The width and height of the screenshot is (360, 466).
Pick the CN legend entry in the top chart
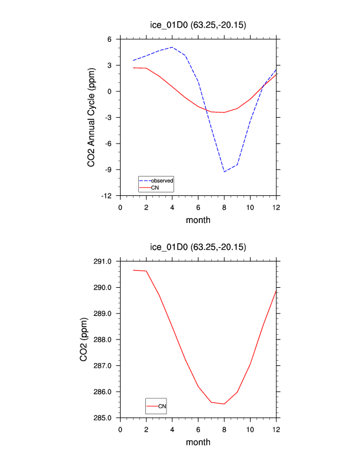point(155,187)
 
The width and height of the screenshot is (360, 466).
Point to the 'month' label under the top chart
point(198,221)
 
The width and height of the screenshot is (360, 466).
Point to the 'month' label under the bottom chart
point(198,442)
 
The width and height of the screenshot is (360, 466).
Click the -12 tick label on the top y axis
point(110,196)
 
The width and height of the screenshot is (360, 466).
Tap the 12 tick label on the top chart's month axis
point(276,207)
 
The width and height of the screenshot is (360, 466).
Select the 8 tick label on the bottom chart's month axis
point(224,428)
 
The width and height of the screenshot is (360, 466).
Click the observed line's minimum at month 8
point(224,172)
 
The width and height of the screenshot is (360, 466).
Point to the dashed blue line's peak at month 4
point(172,47)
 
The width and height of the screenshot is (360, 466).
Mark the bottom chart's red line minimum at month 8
point(224,404)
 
